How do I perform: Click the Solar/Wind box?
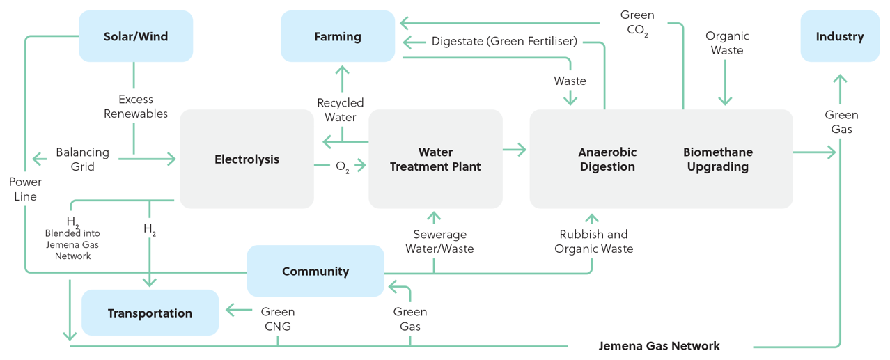(x=136, y=36)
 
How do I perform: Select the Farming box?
(x=338, y=36)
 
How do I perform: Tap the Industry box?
(x=839, y=36)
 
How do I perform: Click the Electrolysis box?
(x=247, y=159)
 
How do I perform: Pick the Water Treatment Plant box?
(x=435, y=159)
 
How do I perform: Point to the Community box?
(x=315, y=272)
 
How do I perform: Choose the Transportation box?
(x=150, y=313)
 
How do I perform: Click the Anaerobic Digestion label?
(x=607, y=159)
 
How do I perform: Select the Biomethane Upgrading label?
(x=717, y=159)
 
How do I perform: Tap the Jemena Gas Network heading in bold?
(x=659, y=346)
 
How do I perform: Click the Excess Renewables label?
(x=136, y=107)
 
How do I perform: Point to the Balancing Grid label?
(x=83, y=159)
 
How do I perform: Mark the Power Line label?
(x=25, y=189)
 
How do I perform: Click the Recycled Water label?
(x=341, y=110)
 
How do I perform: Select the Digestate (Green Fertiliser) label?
(x=504, y=41)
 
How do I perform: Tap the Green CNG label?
(x=277, y=319)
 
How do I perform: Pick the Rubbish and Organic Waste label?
(x=593, y=241)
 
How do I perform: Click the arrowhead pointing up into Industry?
(x=841, y=78)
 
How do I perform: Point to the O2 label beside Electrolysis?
(x=342, y=166)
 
